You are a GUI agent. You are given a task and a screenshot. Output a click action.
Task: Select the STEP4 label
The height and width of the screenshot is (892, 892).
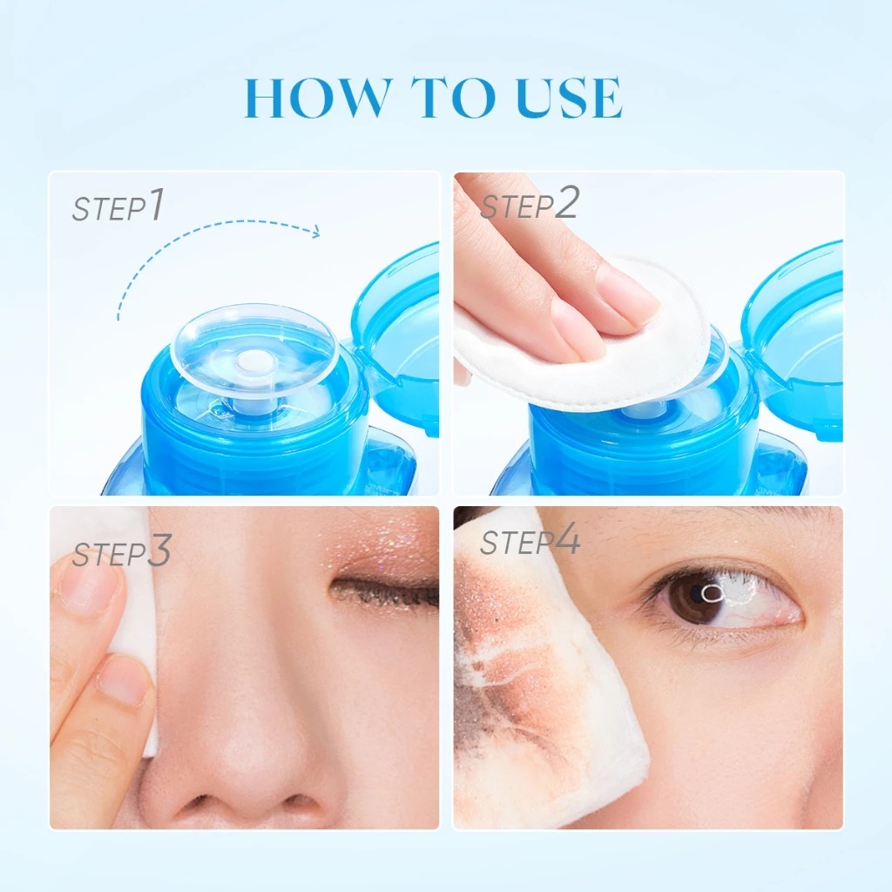pos(530,541)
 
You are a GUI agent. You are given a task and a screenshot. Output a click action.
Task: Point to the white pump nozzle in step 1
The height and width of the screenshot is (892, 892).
pos(253,362)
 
